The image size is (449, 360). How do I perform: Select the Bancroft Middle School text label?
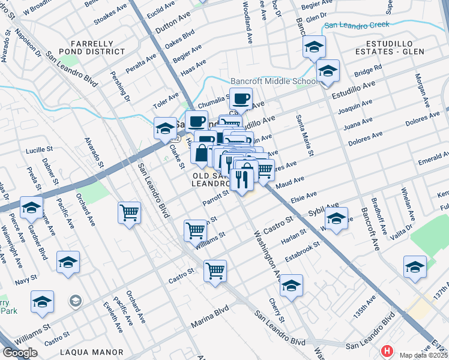pyautogui.click(x=274, y=82)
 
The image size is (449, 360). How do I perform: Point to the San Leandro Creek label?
pyautogui.click(x=357, y=25)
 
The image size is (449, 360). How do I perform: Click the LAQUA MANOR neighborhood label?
pyautogui.click(x=98, y=352)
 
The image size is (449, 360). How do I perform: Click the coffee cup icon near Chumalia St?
pyautogui.click(x=241, y=98)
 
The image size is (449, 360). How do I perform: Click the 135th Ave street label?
pyautogui.click(x=363, y=313)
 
